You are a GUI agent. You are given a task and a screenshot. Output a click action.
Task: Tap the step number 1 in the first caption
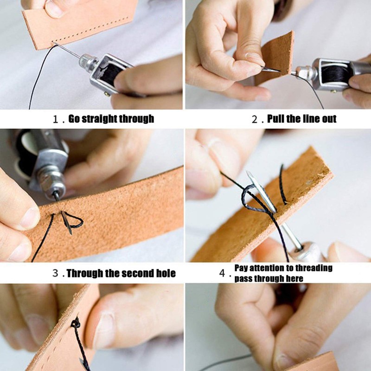pos(57,119)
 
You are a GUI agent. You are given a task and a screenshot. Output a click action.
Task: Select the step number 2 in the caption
pos(255,119)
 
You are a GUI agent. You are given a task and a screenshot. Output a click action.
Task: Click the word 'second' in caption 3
pos(137,273)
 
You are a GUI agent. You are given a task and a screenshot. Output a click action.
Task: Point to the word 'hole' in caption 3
pos(165,273)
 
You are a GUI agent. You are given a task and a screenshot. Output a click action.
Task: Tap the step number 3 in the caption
pos(55,274)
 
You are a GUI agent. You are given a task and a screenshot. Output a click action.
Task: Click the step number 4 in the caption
pos(222,273)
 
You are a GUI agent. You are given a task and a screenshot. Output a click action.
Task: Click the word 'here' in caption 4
pos(294,278)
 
